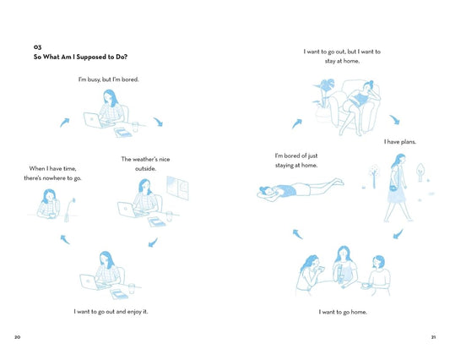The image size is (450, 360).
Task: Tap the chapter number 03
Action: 37,47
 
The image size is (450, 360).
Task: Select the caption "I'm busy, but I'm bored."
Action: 108,80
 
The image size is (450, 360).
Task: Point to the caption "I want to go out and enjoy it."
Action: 110,312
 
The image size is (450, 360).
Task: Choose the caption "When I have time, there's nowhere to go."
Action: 55,173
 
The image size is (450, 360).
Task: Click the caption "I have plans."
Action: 399,142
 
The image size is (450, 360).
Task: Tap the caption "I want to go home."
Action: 343,312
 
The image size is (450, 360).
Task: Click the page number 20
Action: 18,337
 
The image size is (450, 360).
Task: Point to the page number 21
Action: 432,337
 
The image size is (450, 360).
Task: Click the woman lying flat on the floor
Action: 301,189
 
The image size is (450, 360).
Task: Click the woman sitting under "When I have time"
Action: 49,203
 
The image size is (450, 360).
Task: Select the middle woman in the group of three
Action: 344,266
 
